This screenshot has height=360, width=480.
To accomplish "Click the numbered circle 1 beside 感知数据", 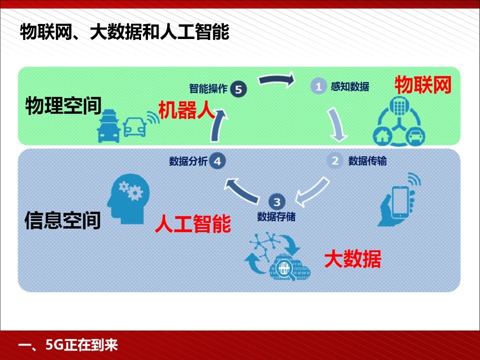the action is (x=318, y=86).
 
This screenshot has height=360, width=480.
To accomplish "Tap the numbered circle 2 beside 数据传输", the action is (x=335, y=160).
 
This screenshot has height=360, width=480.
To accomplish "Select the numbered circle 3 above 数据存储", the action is (x=276, y=201).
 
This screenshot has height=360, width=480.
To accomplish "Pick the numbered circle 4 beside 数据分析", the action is (x=217, y=161).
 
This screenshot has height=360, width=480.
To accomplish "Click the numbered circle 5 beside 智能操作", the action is (x=238, y=89).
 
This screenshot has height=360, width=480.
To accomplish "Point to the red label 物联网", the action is (x=423, y=85).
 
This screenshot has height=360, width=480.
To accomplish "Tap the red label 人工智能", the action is (x=193, y=224).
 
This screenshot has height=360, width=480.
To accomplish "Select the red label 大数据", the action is (x=352, y=259).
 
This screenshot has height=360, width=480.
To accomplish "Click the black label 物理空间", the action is (x=63, y=105).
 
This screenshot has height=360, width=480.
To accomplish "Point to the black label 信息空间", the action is (x=63, y=220).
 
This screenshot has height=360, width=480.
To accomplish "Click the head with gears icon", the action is (x=128, y=198).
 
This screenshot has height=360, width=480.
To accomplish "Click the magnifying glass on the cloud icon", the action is (x=284, y=269).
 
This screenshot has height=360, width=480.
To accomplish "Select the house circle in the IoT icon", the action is (x=382, y=135).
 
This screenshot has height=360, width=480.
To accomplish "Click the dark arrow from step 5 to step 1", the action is (x=276, y=79).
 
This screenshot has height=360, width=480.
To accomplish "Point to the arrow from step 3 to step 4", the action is (x=241, y=191).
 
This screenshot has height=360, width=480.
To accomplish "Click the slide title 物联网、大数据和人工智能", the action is (x=124, y=31).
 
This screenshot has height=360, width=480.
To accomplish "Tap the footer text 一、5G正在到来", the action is (x=68, y=345).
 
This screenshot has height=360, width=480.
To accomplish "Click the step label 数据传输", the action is (x=367, y=160).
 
